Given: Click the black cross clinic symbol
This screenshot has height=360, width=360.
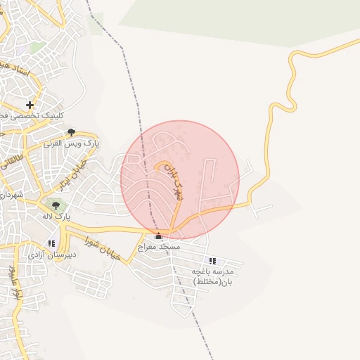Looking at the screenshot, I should coord(30,105).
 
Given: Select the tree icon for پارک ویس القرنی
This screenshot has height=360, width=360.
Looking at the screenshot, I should coord(71,131).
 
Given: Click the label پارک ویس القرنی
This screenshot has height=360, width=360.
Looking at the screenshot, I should coord(72,143).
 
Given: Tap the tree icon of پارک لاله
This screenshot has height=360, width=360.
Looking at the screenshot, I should coord(56,205).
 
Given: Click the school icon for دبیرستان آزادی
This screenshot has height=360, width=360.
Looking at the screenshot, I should coord(51,243).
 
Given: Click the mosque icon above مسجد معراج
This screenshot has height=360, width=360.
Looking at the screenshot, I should coord(158,236).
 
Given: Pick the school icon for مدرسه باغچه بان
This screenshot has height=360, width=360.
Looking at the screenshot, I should coord(212,261).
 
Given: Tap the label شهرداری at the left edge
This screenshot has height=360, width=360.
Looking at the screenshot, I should coord(11,194).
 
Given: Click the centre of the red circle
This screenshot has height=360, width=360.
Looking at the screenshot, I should coord(180,180).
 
